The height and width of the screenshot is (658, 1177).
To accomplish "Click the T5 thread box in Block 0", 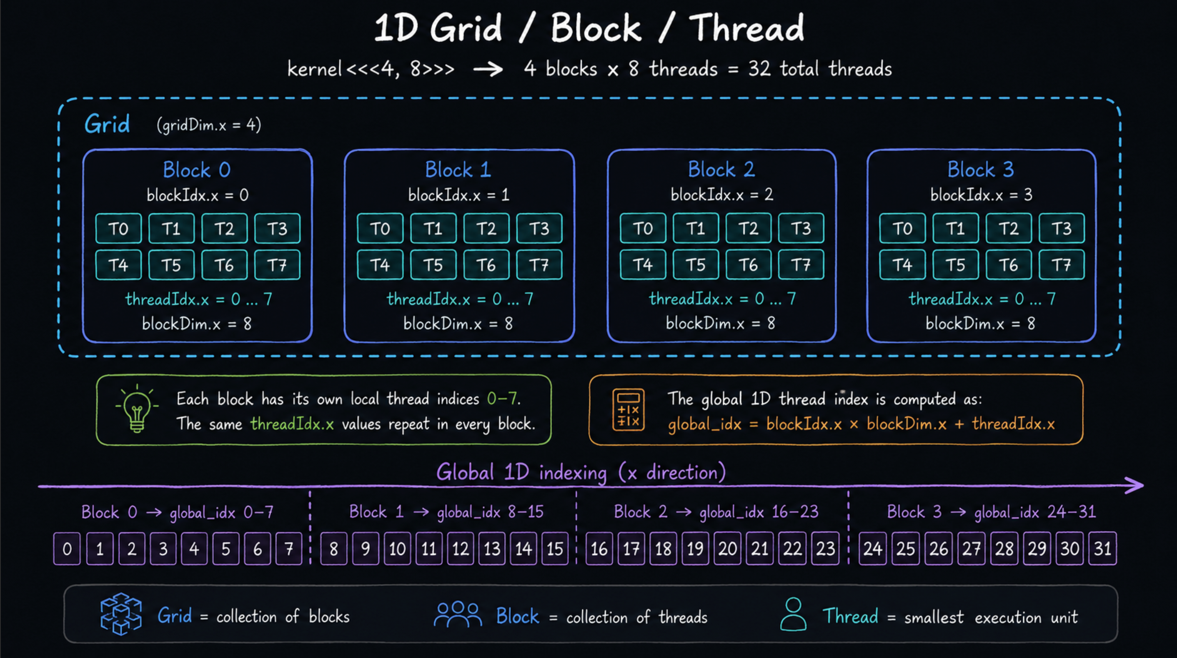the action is click(x=171, y=265).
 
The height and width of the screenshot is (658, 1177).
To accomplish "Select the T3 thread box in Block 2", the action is click(x=801, y=228).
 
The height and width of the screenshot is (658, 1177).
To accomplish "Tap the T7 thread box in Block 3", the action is click(x=1062, y=265).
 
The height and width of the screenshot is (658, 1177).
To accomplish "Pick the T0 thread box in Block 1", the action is click(x=380, y=228).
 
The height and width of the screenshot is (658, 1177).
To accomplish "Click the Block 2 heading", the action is click(x=721, y=169).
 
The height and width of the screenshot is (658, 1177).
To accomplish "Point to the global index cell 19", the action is click(x=695, y=548).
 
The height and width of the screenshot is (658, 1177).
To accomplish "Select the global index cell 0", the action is click(x=67, y=548).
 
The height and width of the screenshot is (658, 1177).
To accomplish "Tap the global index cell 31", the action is click(x=1102, y=548).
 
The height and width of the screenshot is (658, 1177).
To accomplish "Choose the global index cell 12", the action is click(x=461, y=548).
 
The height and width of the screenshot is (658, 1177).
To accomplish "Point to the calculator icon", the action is click(x=628, y=410).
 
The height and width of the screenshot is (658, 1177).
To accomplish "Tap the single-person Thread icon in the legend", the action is click(x=793, y=615).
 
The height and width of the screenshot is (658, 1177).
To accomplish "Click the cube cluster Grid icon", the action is click(x=121, y=614).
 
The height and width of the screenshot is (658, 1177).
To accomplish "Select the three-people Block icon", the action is click(x=458, y=614).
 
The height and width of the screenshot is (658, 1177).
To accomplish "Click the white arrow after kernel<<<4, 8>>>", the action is click(x=488, y=70).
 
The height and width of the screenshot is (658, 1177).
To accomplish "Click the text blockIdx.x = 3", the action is click(x=982, y=195).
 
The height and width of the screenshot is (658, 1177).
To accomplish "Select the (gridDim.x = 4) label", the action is click(x=209, y=125).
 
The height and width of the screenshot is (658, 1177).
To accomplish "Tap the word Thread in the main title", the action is click(x=746, y=28).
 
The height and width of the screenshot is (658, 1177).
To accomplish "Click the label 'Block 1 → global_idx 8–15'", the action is click(x=446, y=512).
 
